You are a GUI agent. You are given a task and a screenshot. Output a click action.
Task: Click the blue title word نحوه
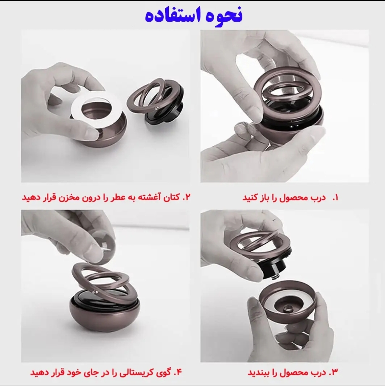(220, 15)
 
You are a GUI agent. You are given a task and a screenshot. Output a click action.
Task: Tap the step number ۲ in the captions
(188, 197)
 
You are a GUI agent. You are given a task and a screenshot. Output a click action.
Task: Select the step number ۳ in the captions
(334, 372)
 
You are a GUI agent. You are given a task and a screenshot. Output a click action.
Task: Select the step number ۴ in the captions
(179, 372)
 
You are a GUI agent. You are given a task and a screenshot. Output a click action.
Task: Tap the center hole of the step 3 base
(287, 308)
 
